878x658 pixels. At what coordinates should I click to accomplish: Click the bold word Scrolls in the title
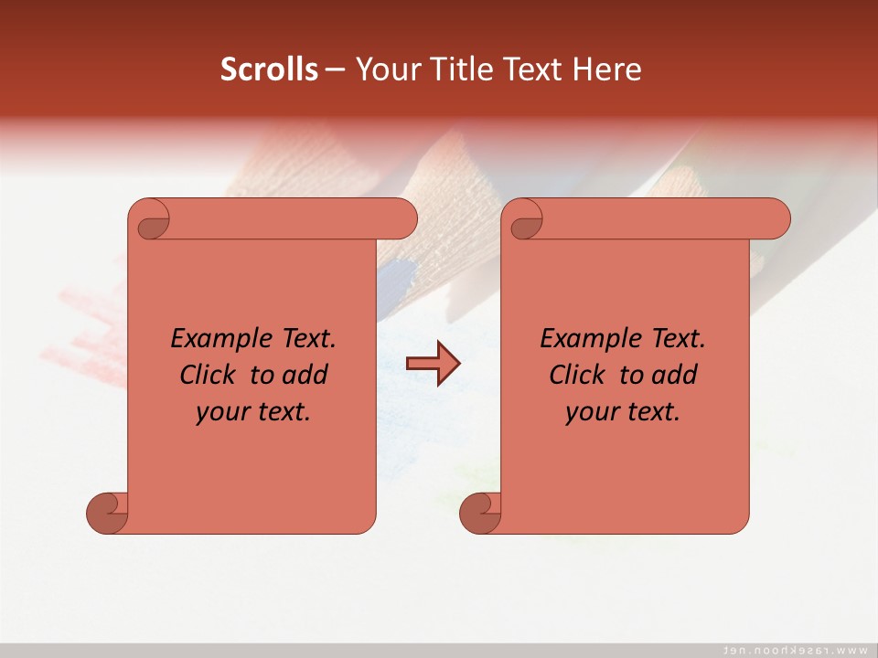pyautogui.click(x=270, y=69)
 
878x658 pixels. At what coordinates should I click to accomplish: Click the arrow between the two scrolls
pyautogui.click(x=433, y=364)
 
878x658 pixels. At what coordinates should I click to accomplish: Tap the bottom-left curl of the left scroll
pyautogui.click(x=108, y=512)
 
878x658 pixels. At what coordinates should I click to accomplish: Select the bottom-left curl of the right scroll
pyautogui.click(x=481, y=512)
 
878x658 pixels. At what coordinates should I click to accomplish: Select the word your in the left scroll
pyautogui.click(x=220, y=412)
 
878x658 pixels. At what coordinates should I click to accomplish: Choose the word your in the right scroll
pyautogui.click(x=590, y=412)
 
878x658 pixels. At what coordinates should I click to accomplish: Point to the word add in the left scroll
pyautogui.click(x=306, y=375)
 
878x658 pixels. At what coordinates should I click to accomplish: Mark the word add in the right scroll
pyautogui.click(x=676, y=375)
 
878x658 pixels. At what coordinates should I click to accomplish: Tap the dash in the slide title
pyautogui.click(x=336, y=69)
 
